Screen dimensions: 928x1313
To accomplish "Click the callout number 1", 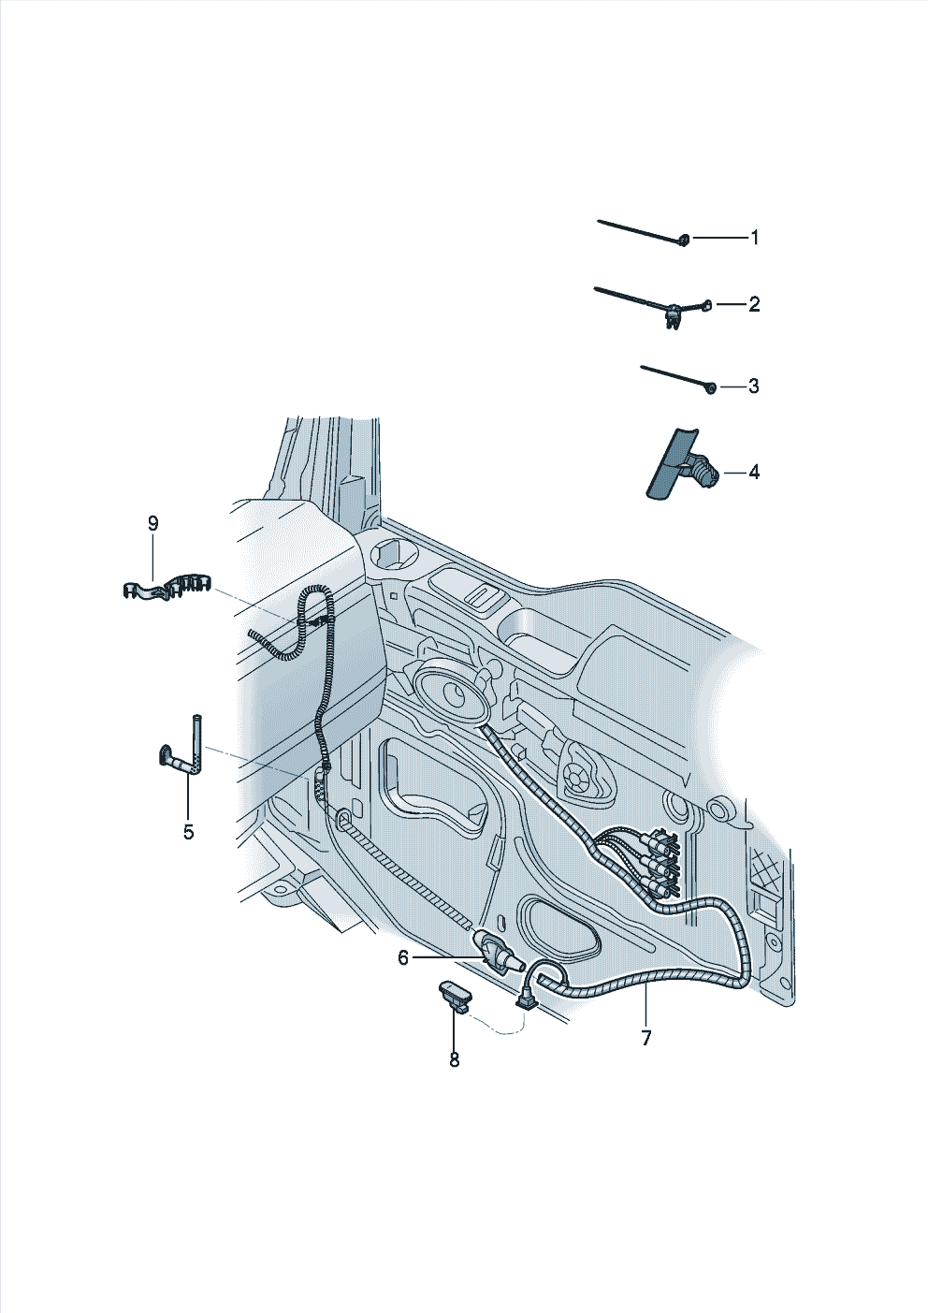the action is point(755,238).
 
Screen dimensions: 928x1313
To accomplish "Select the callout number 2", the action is point(754,304).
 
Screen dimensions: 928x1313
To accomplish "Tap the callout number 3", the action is point(753,387).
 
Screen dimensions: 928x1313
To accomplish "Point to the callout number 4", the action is point(754,472).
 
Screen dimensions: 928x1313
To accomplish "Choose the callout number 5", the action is point(189,832).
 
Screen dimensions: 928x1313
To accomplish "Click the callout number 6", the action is point(403,957).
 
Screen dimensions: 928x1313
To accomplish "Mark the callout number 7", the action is point(645,1037).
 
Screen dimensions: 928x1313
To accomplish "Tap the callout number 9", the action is point(152,523).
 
